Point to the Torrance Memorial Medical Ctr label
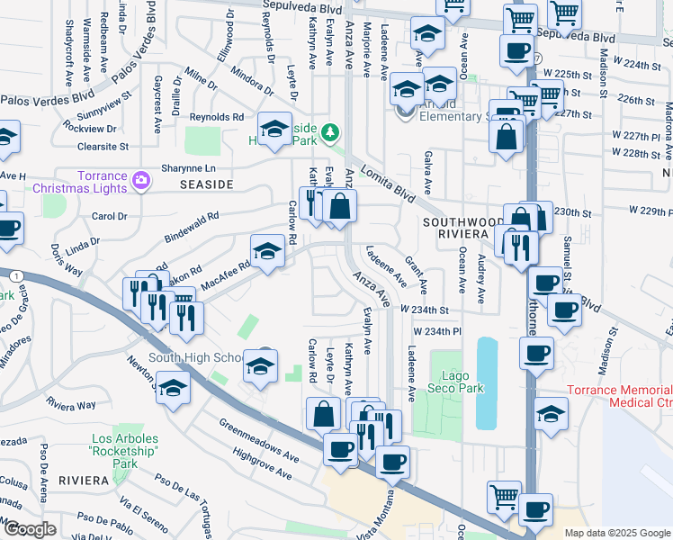pyautogui.click(x=620, y=397)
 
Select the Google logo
pyautogui.click(x=29, y=529)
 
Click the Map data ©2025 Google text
pyautogui.click(x=617, y=533)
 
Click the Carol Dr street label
pyautogui.click(x=110, y=217)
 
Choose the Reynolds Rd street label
pyautogui.click(x=217, y=117)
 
